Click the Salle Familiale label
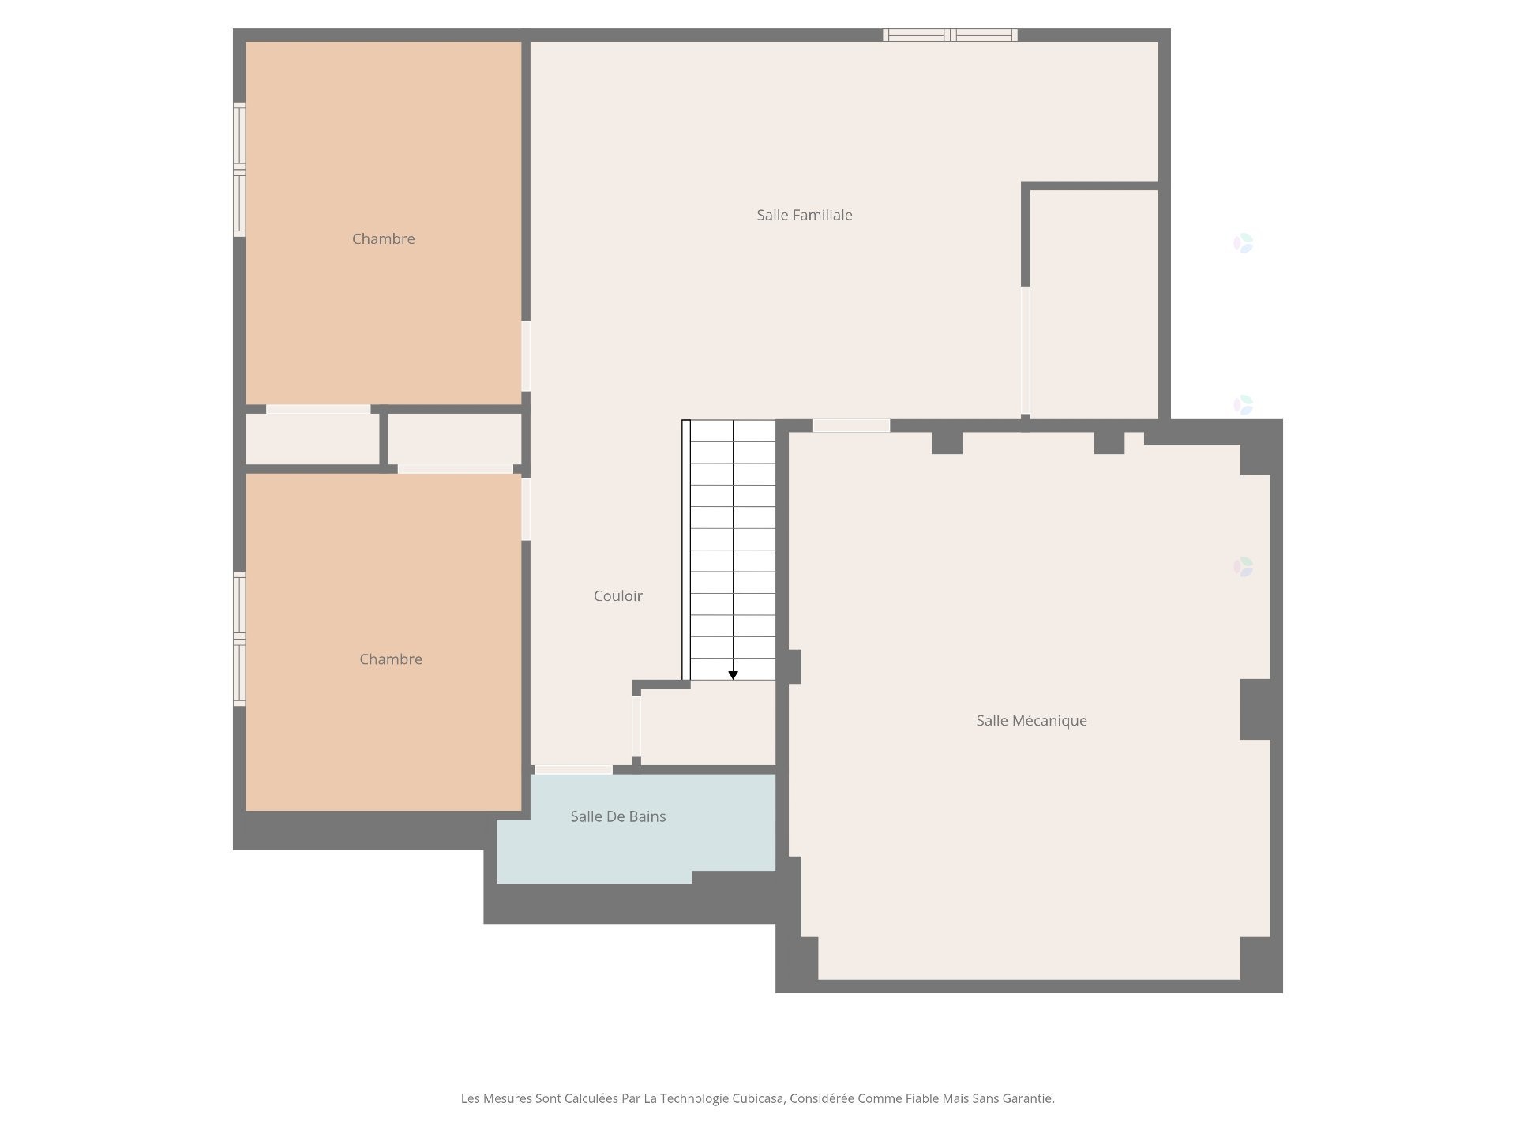[x=804, y=215]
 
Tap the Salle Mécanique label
[x=1031, y=720]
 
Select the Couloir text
[x=617, y=596]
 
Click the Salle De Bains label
[x=617, y=816]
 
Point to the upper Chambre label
[x=383, y=238]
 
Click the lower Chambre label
[x=390, y=659]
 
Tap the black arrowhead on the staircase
[x=733, y=675]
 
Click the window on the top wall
[x=950, y=35]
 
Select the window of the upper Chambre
[x=239, y=169]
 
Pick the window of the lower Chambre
[x=239, y=638]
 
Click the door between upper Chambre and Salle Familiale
[x=526, y=355]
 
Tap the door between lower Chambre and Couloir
[x=526, y=509]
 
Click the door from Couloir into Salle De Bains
[x=573, y=769]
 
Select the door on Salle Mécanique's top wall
[x=851, y=426]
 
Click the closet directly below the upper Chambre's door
[x=454, y=438]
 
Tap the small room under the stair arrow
[x=707, y=722]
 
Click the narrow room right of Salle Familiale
[x=1094, y=304]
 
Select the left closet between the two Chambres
[x=313, y=438]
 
